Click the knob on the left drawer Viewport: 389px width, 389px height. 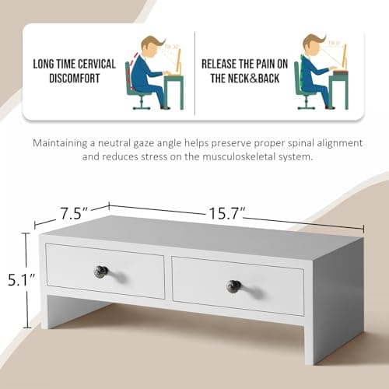101,272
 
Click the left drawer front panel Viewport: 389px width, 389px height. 105,268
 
